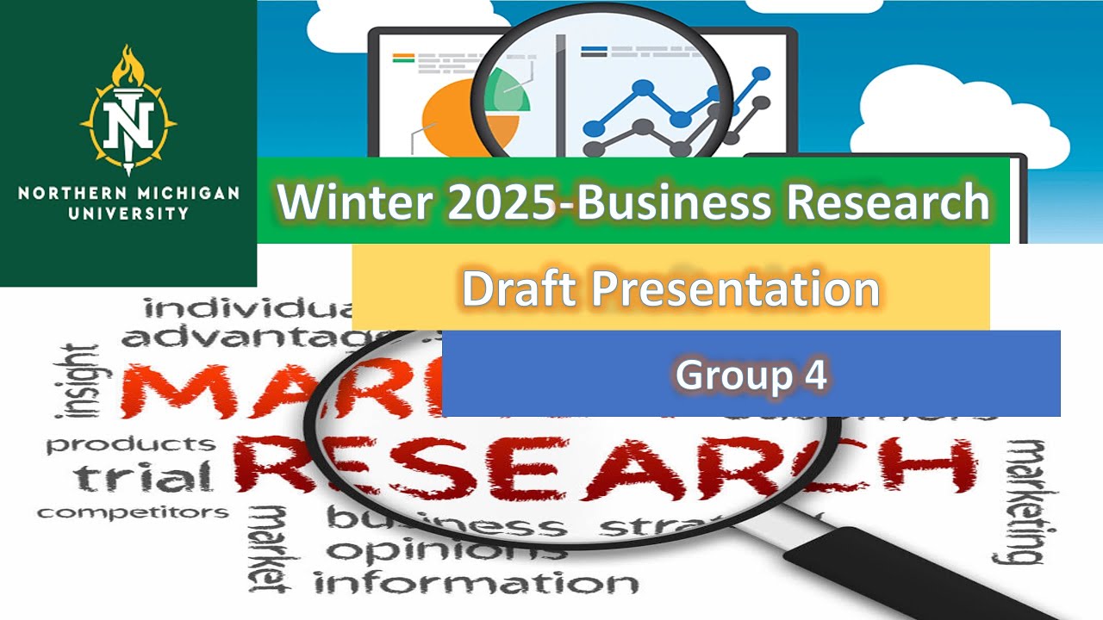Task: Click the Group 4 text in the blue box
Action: (751, 375)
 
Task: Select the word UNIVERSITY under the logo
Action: (128, 212)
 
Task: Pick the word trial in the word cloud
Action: (143, 476)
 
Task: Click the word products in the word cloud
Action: (131, 444)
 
